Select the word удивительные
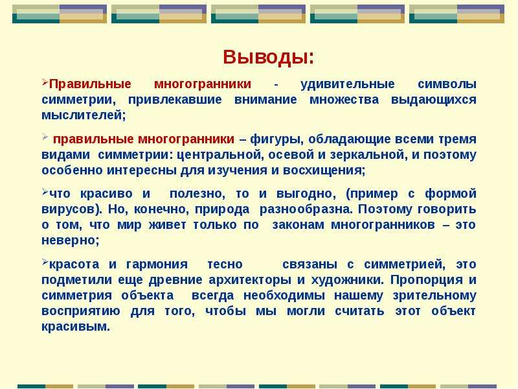tap(347, 84)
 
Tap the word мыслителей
tap(82, 115)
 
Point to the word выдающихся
tap(433, 100)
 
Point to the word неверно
tap(69, 241)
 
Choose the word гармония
tap(157, 265)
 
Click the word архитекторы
tap(250, 280)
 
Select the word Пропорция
tap(427, 280)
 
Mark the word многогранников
tap(383, 225)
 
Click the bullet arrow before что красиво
tap(45, 191)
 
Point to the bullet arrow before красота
tap(45, 263)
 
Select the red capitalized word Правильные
tap(90, 84)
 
